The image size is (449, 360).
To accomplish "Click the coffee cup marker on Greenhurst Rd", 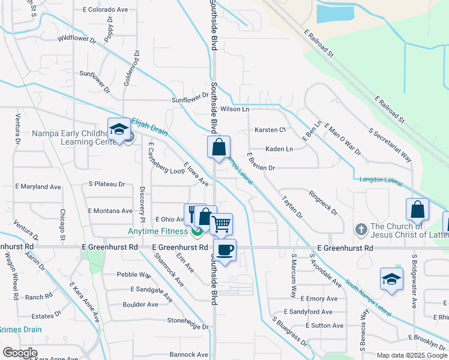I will coord(225,250).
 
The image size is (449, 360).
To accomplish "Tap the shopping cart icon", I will coord(221,224).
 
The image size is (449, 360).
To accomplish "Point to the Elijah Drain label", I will coord(149,129).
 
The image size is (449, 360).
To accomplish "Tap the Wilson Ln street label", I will coord(234,109).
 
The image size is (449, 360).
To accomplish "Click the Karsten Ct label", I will coord(270,130).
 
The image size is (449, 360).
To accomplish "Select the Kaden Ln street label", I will coord(279,149).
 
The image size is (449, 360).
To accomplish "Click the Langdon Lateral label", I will coord(379,179).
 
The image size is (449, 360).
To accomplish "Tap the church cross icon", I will coord(360,229).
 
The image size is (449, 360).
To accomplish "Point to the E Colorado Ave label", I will coord(106,10).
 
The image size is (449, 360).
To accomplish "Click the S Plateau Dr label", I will coord(106,184).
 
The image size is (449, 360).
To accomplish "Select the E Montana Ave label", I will coord(110,211).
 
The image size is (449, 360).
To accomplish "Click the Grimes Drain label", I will coord(20,329).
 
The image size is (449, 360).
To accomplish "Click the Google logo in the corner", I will coord(20,353).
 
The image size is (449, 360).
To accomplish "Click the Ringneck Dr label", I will coord(323,203).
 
